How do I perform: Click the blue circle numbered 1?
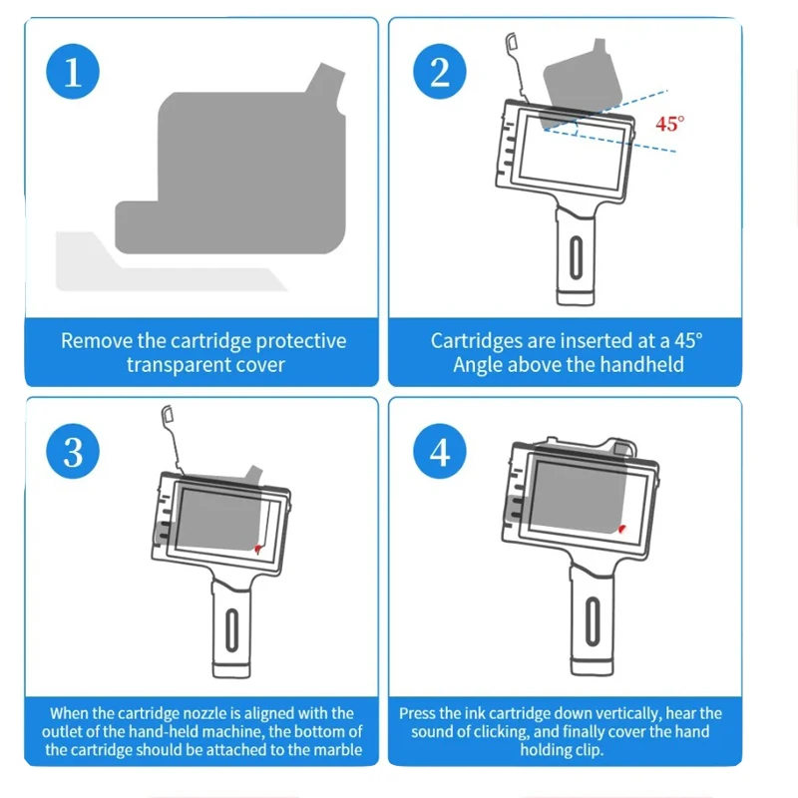73,71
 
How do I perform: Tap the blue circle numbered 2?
440,71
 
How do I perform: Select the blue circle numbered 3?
73,452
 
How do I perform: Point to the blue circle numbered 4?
440,452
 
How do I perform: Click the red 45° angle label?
669,124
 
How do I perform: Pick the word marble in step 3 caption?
338,750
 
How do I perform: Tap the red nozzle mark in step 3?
257,549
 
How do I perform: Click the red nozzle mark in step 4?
621,530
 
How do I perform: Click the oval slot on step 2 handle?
576,257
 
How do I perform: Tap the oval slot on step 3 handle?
231,629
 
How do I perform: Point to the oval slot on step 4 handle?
592,621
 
